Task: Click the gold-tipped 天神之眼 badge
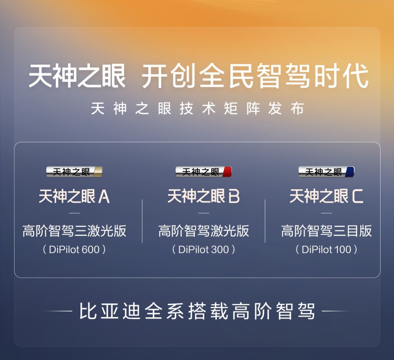[74, 172]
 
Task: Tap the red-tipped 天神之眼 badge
[204, 172]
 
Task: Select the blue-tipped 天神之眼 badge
[326, 172]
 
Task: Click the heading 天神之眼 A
[74, 196]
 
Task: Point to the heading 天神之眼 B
[204, 196]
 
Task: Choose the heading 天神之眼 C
[326, 196]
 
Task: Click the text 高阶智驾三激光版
[74, 231]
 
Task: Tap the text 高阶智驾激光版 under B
[204, 231]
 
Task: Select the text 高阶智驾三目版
[326, 231]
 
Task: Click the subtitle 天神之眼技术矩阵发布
[197, 108]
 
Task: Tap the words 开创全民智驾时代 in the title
[255, 76]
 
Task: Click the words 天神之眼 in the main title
[77, 76]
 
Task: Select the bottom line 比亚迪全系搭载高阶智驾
[197, 311]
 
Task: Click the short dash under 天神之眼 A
[74, 213]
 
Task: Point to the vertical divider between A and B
[142, 221]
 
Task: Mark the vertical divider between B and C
[265, 221]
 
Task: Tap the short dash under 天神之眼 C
[326, 213]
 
